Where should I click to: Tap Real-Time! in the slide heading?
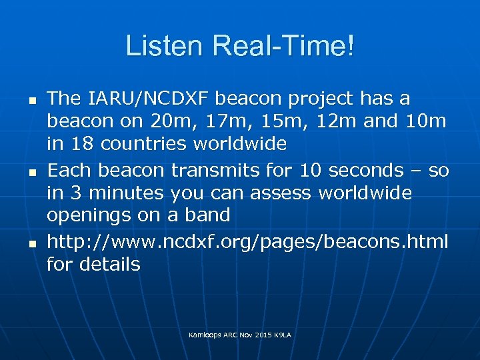click(282, 47)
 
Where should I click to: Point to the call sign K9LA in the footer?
click(282, 334)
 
